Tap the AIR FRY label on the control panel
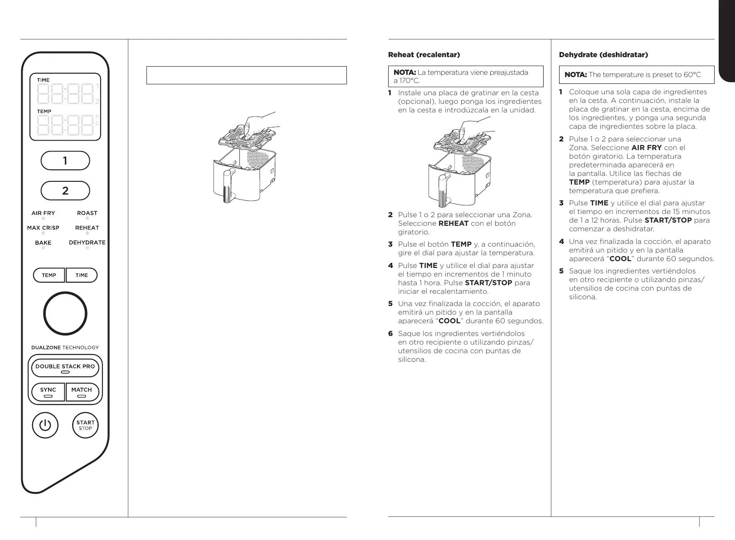point(43,213)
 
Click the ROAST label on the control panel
point(87,213)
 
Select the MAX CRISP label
point(43,228)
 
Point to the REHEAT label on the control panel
point(87,228)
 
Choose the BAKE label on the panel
point(43,243)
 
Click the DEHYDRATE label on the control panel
point(87,243)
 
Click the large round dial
point(65,314)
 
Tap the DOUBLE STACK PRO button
point(65,367)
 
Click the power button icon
point(45,426)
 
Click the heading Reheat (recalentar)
point(424,55)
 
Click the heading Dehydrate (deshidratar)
point(604,55)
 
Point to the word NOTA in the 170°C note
point(404,73)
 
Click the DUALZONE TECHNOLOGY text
point(65,348)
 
